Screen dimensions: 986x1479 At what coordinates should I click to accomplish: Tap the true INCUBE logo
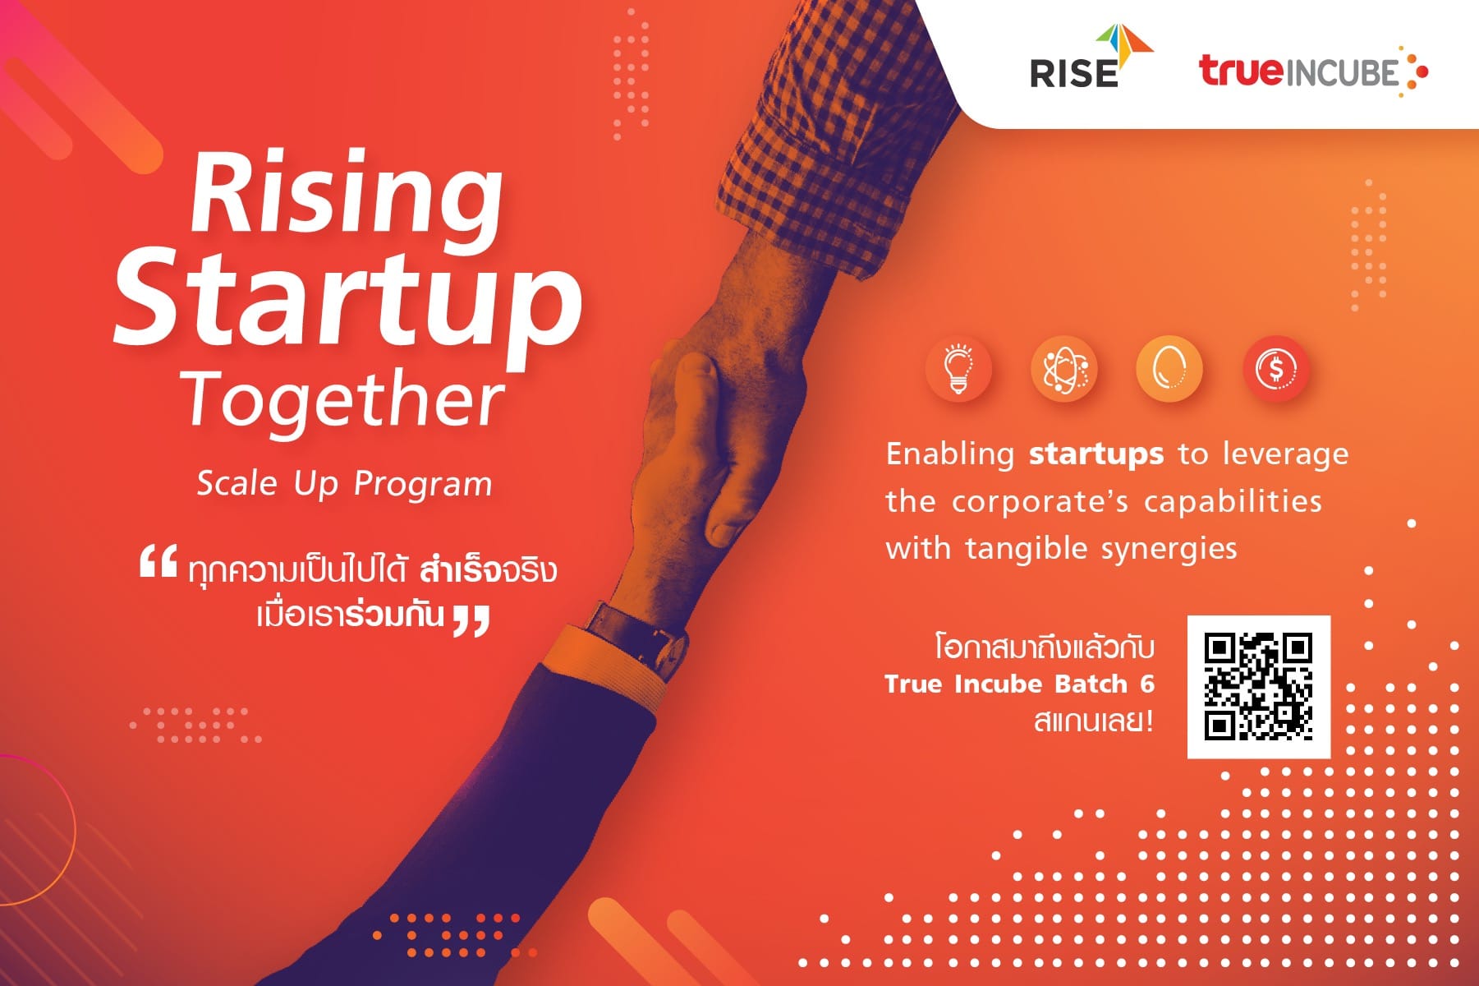1312,72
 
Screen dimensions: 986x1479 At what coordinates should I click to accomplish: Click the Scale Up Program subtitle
344,483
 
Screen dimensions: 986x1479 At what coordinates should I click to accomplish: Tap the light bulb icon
958,369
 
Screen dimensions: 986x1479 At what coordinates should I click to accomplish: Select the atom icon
1063,369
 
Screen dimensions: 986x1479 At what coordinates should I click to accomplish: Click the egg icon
1169,369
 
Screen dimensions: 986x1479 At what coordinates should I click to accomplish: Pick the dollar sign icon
1275,369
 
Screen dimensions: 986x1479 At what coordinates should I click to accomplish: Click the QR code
1258,686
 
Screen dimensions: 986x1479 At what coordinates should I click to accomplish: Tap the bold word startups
1096,454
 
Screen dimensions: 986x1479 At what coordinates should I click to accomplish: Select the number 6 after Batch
1147,684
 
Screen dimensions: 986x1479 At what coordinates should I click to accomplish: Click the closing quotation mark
471,620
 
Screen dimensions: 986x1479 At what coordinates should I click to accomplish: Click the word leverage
1285,454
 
